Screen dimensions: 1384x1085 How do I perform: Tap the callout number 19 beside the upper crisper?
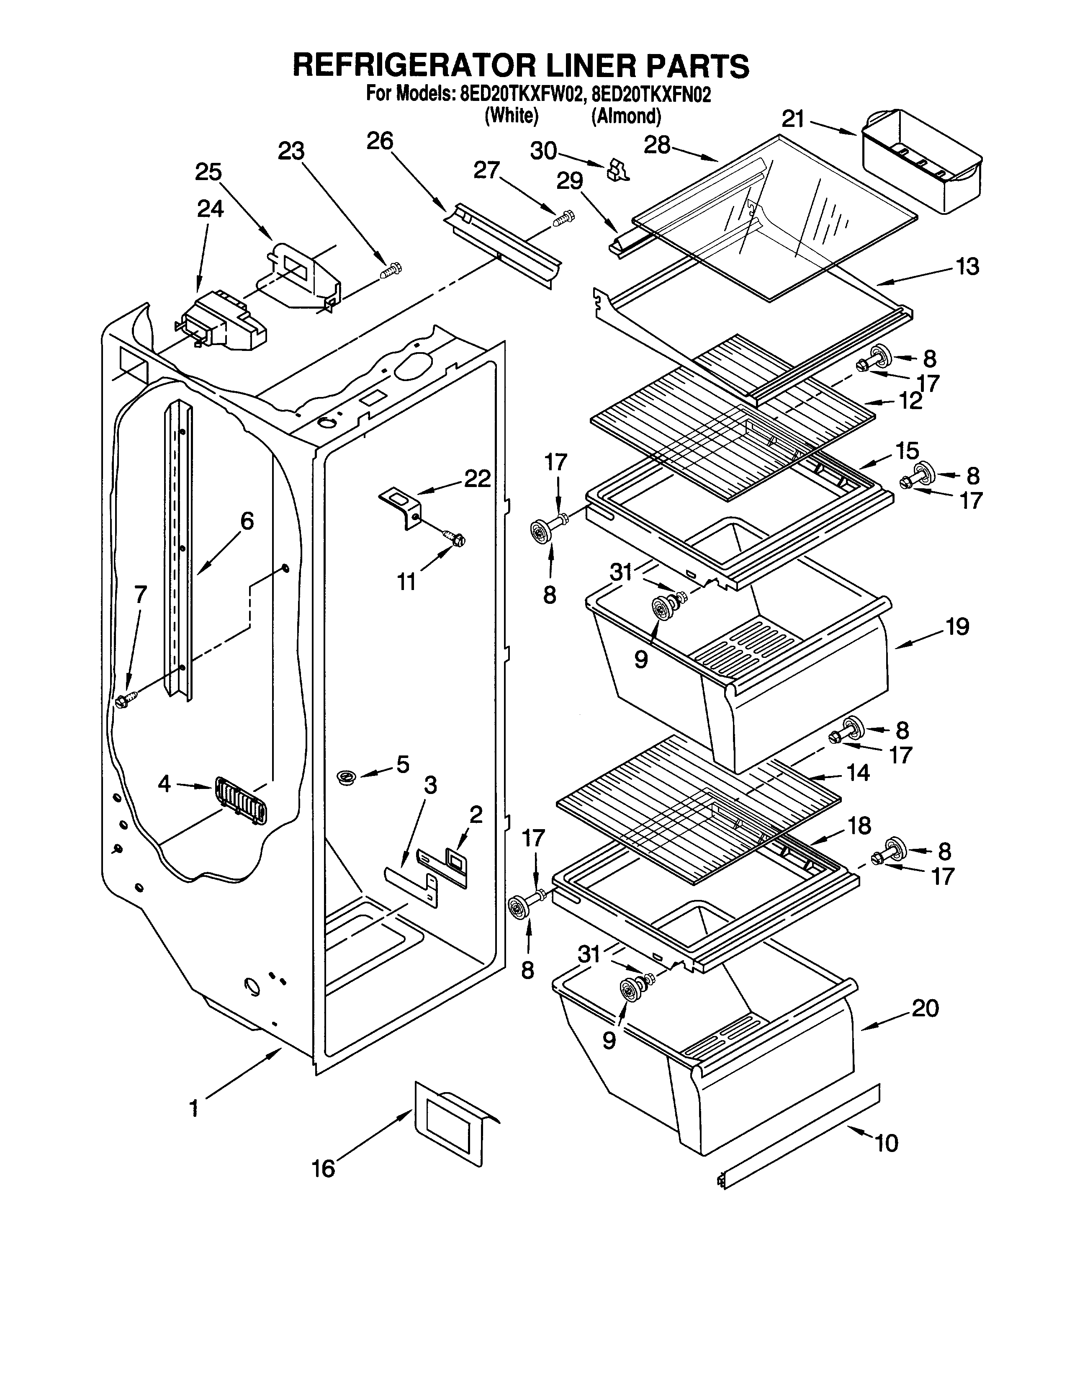pyautogui.click(x=958, y=627)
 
